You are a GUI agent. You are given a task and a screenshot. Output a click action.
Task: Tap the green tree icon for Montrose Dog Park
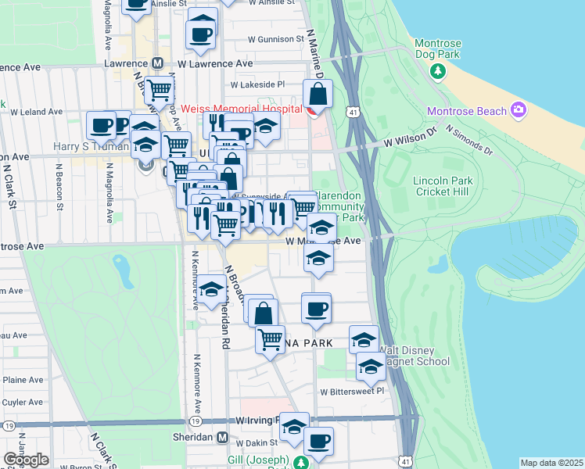click(437, 72)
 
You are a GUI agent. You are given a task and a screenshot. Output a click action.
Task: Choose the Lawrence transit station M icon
click(157, 63)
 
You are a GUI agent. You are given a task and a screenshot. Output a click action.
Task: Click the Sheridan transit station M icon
click(223, 438)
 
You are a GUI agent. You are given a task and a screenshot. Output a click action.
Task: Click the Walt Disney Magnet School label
click(412, 355)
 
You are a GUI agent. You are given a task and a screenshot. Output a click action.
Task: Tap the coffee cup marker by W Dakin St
click(318, 441)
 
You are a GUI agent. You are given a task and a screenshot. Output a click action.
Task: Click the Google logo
click(26, 459)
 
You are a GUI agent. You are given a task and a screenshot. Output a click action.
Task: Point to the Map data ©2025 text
click(551, 463)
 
